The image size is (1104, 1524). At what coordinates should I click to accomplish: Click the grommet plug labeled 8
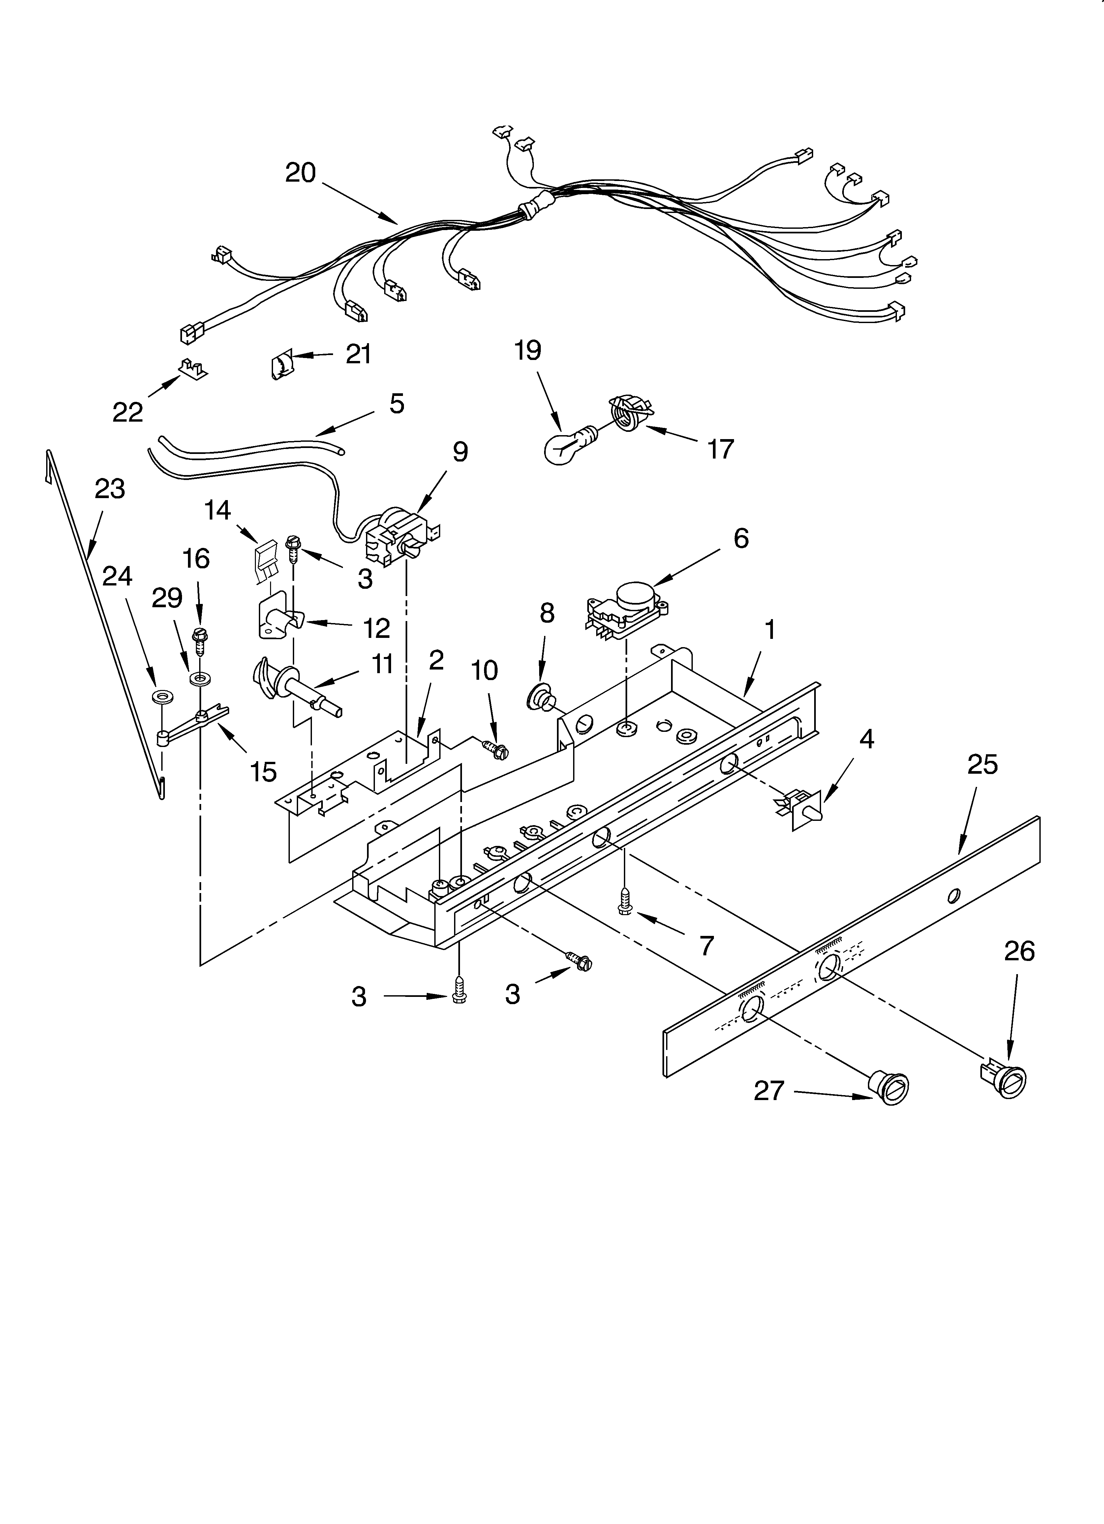tap(539, 699)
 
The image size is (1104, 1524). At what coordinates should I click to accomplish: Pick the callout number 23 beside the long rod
tap(109, 489)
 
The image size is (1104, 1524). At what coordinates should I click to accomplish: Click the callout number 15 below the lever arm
tap(263, 772)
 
